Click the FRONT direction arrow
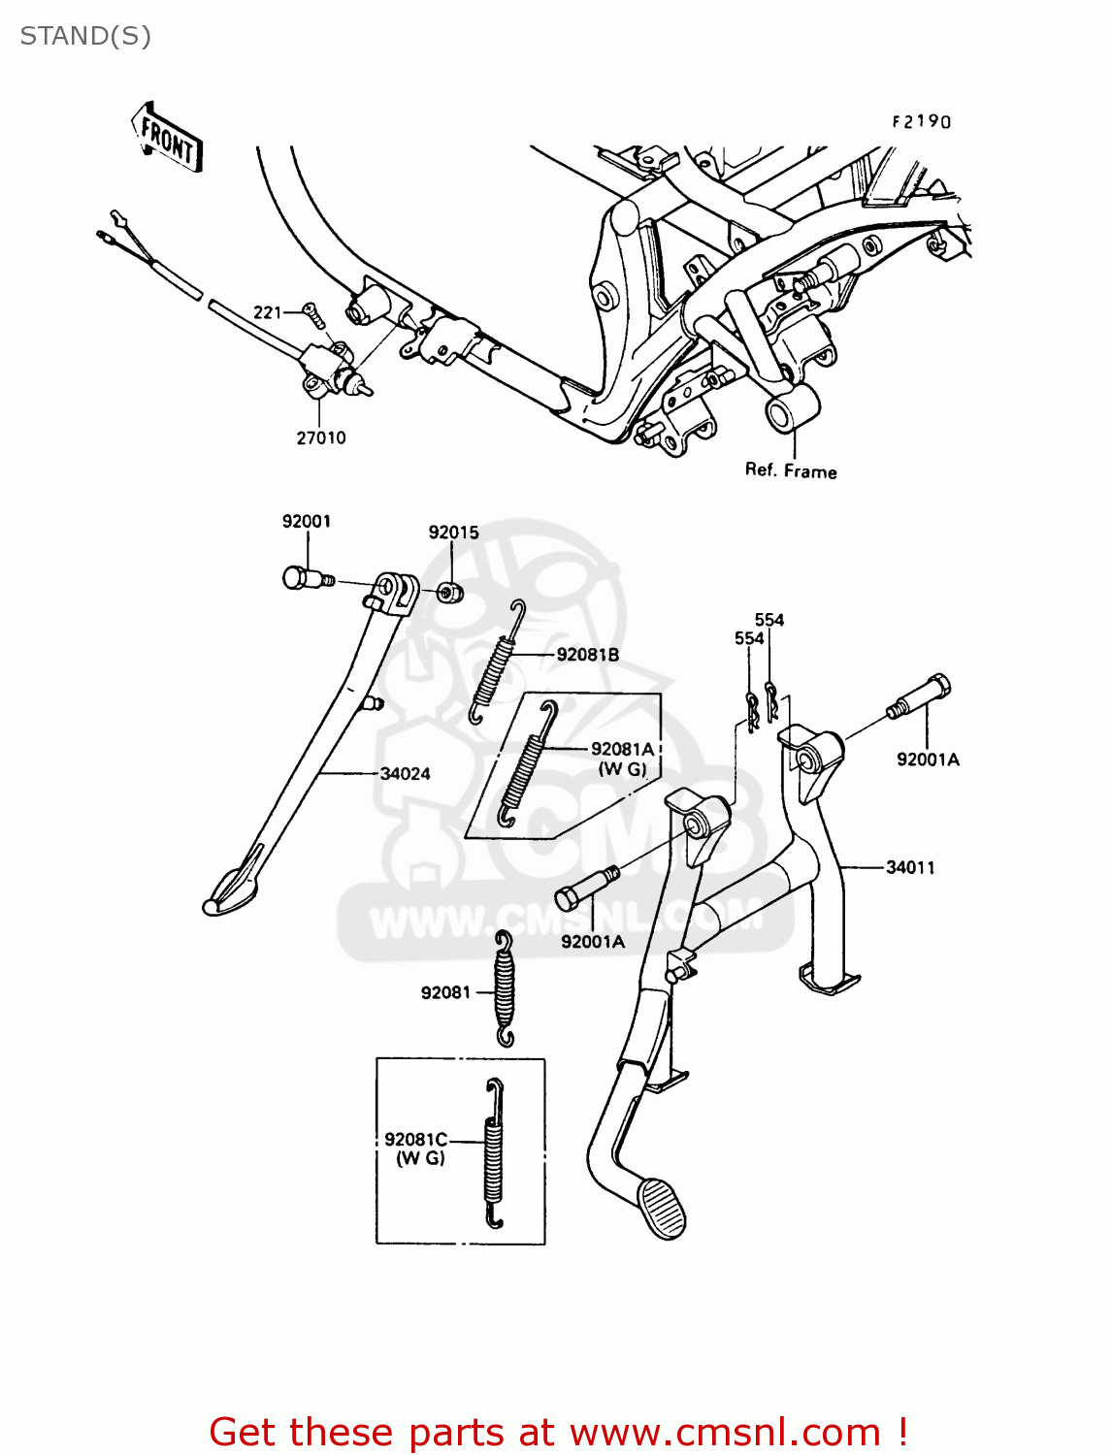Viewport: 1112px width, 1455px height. pyautogui.click(x=168, y=137)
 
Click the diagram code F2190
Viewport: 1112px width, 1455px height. pyautogui.click(x=922, y=121)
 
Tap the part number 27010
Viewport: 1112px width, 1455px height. pyautogui.click(x=321, y=437)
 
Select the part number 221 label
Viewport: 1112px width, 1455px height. pyautogui.click(x=267, y=312)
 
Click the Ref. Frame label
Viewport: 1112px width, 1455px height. pyautogui.click(x=791, y=470)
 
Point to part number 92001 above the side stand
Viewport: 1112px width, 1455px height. pyautogui.click(x=307, y=521)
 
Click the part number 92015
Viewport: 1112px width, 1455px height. pyautogui.click(x=454, y=532)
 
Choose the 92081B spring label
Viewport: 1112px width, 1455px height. pyautogui.click(x=587, y=655)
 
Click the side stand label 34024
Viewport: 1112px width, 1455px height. pyautogui.click(x=405, y=773)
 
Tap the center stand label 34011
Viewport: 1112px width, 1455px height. pyautogui.click(x=910, y=867)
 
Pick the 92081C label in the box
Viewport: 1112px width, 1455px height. pyautogui.click(x=415, y=1140)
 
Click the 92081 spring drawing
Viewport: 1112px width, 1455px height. pyautogui.click(x=504, y=989)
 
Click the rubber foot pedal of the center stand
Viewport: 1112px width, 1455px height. pyautogui.click(x=662, y=1208)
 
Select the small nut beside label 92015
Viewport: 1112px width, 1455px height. pyautogui.click(x=449, y=592)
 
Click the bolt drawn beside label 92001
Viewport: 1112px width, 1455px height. pyautogui.click(x=304, y=579)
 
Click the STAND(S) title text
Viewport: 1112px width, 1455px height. pyautogui.click(x=85, y=36)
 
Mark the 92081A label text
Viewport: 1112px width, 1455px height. pyautogui.click(x=622, y=749)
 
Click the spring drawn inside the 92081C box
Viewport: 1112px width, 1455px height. pyautogui.click(x=494, y=1153)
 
